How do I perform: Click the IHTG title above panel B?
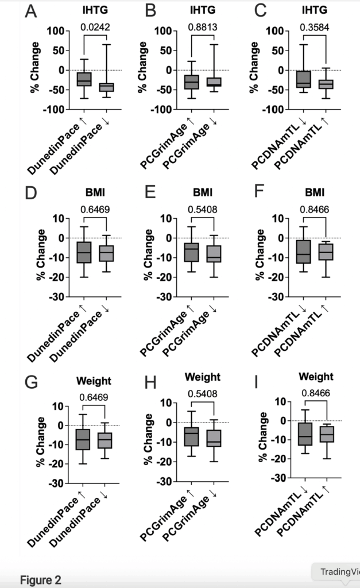click(x=202, y=10)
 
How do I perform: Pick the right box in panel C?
click(x=326, y=84)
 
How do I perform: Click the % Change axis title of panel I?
click(x=262, y=439)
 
